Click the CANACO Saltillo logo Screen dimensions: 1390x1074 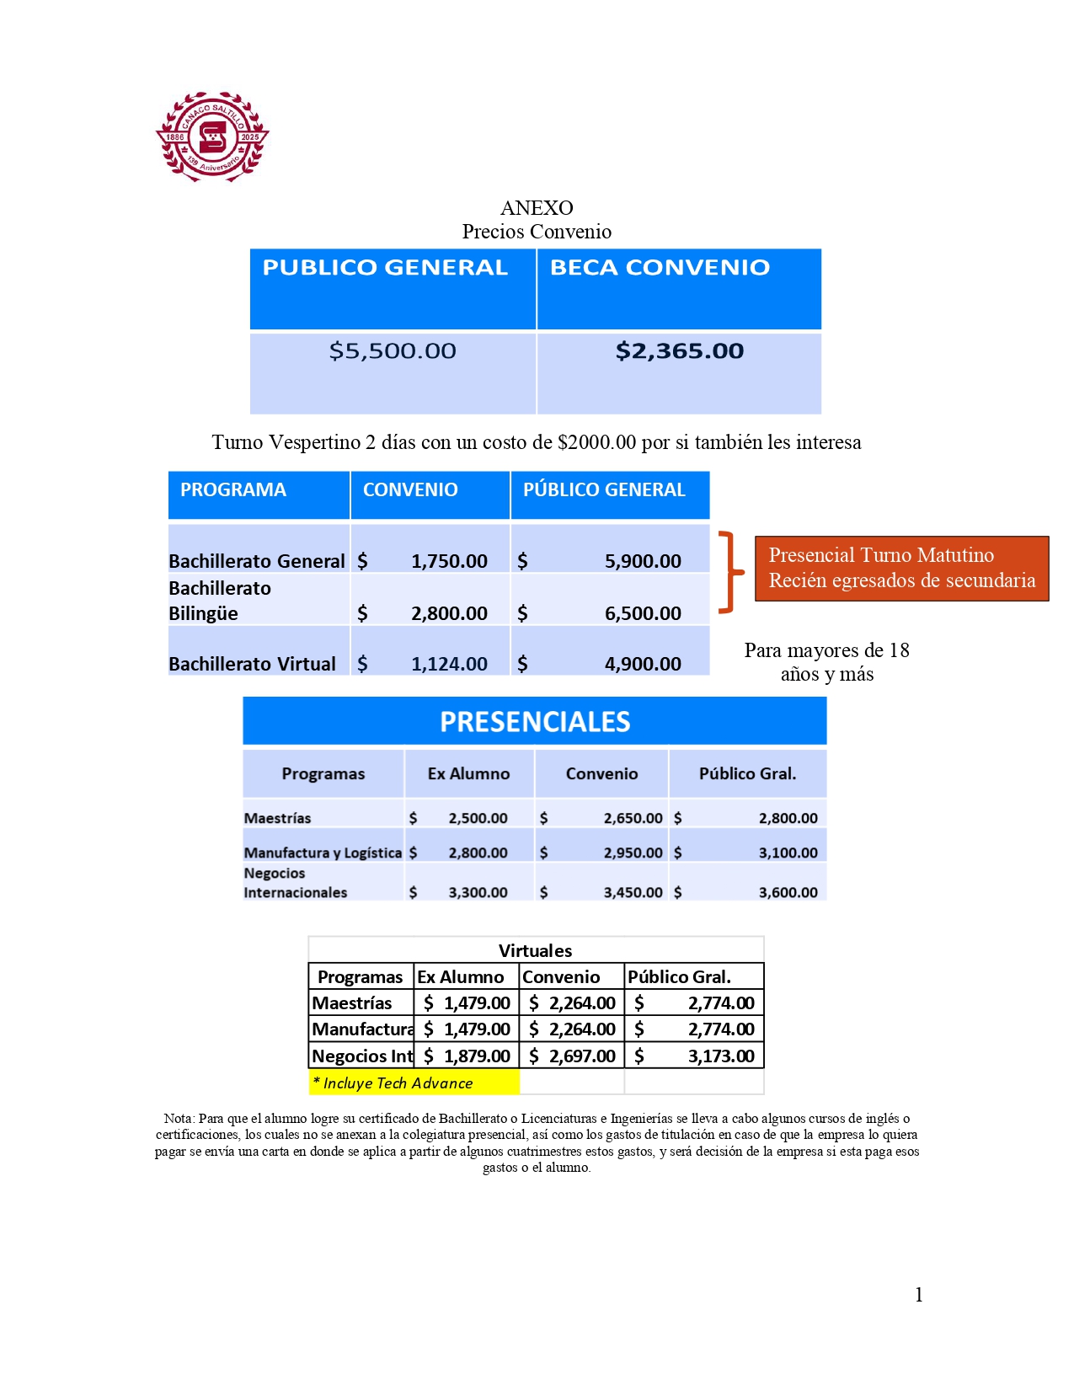212,136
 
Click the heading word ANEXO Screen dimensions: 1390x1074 537,208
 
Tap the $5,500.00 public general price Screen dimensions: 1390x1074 393,351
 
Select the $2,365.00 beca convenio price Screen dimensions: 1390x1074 680,351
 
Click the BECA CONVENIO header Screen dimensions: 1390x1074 660,268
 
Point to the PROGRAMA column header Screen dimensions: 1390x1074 233,490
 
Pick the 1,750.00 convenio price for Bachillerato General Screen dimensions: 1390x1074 449,561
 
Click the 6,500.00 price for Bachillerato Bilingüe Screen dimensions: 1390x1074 643,613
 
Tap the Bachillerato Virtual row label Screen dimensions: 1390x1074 252,664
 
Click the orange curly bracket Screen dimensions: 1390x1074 731,572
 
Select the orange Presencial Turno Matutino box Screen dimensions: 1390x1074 901,568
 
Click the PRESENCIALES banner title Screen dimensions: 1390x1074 535,722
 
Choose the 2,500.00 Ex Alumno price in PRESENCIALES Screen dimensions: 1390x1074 478,818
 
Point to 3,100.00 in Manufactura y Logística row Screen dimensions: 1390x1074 788,853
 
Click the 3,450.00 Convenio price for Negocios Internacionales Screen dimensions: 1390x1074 633,892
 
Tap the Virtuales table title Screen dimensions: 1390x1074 535,951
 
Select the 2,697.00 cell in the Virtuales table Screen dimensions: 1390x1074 582,1056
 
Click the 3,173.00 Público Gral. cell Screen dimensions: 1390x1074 721,1056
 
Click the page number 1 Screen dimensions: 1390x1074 919,1295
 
